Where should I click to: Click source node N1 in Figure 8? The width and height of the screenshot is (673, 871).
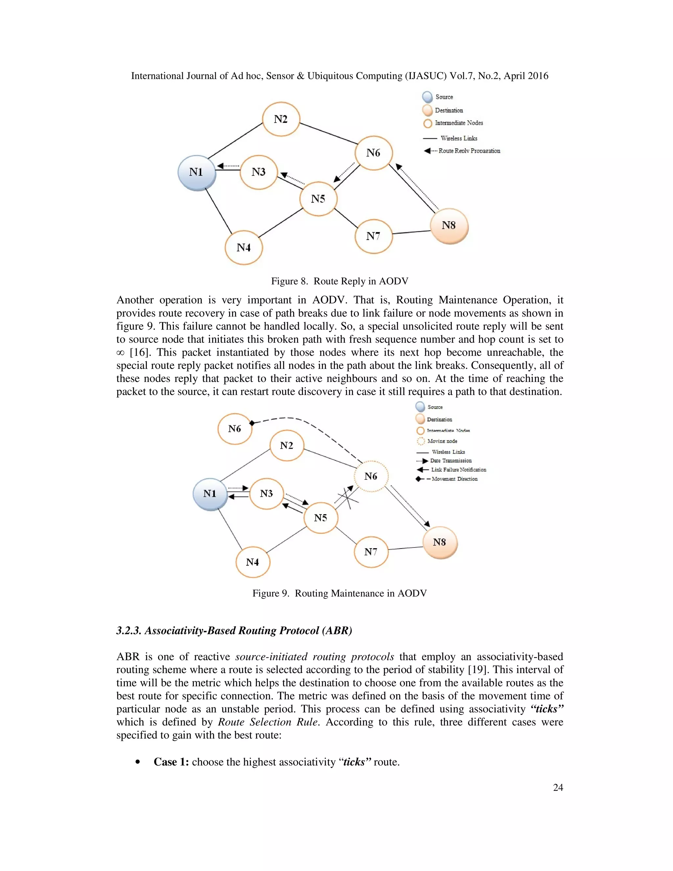click(197, 172)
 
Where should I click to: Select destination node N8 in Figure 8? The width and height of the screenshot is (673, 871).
click(449, 226)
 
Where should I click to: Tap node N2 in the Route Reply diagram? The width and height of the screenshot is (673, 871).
click(281, 119)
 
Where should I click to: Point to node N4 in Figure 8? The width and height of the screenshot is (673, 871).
click(244, 248)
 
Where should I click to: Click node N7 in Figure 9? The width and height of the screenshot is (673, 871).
click(371, 552)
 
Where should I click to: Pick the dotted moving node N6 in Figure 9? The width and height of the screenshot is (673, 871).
click(371, 476)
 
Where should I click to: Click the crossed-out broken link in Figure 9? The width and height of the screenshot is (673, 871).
click(348, 499)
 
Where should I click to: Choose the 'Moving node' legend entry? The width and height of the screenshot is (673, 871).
click(442, 441)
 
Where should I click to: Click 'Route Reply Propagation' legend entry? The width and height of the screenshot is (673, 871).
click(469, 151)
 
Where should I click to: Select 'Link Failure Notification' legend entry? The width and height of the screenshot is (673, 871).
click(458, 470)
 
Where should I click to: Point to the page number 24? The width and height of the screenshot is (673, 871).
click(558, 787)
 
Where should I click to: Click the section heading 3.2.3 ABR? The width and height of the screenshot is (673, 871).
click(234, 630)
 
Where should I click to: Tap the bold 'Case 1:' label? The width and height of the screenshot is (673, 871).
click(171, 762)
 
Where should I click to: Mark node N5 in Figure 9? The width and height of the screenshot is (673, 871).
click(320, 518)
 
